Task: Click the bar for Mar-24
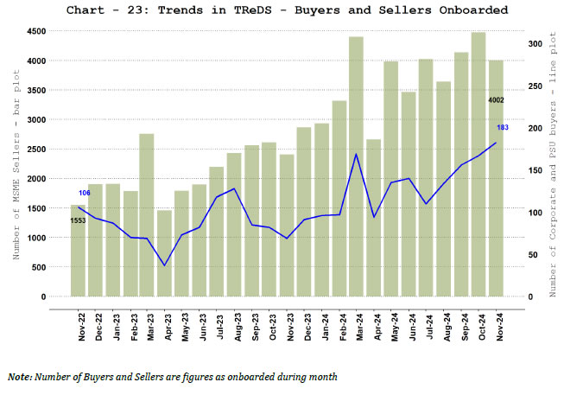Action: pyautogui.click(x=356, y=166)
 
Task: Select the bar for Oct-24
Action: pyautogui.click(x=478, y=164)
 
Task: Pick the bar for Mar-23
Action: pyautogui.click(x=147, y=215)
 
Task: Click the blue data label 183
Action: pyautogui.click(x=503, y=128)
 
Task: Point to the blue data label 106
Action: pyautogui.click(x=85, y=193)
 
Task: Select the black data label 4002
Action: pyautogui.click(x=496, y=100)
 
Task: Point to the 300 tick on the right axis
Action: pyautogui.click(x=535, y=43)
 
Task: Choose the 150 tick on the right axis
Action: pyautogui.click(x=535, y=170)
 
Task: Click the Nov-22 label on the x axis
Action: pyautogui.click(x=82, y=327)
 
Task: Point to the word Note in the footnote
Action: pyautogui.click(x=19, y=377)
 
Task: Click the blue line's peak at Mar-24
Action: pyautogui.click(x=356, y=154)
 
